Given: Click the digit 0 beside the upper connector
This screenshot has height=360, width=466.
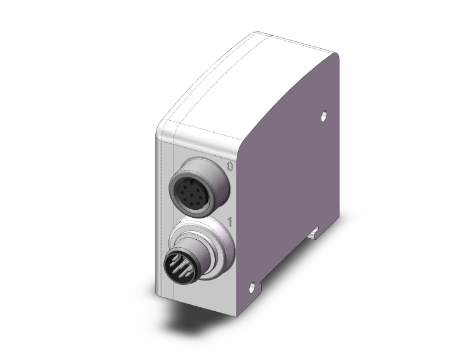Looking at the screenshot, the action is tap(229, 167).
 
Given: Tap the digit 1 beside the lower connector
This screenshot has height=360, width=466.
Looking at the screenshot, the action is tap(230, 222).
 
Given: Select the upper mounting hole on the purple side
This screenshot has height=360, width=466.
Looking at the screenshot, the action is tap(324, 116).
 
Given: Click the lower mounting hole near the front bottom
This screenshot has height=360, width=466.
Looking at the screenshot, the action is tap(252, 287).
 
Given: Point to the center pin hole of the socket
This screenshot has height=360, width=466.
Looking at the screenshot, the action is tap(192, 195).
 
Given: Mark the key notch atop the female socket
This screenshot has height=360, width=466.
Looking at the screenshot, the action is tap(192, 180).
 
